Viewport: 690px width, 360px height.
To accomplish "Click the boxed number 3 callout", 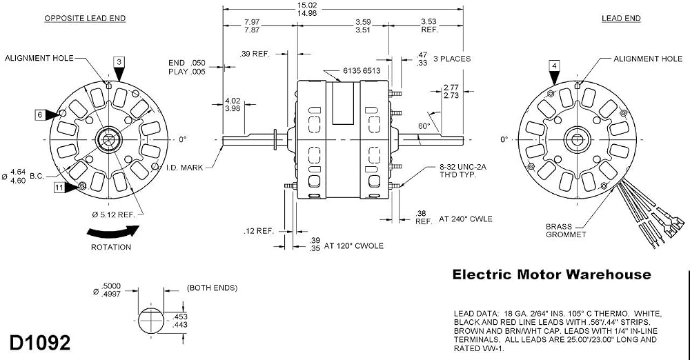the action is click(119, 61).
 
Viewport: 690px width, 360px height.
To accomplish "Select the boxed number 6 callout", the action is click(39, 115).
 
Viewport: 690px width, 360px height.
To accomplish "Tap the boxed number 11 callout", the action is click(59, 188).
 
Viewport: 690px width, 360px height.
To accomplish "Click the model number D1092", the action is click(39, 343).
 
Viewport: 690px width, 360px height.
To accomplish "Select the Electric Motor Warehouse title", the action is click(552, 274).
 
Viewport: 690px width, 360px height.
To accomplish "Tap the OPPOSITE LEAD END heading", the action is click(85, 19).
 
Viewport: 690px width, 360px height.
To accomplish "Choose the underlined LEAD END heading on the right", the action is click(621, 19).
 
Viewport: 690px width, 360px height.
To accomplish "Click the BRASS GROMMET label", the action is click(566, 230).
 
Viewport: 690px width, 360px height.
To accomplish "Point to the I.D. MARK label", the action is click(185, 168).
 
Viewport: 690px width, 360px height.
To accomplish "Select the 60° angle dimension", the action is click(424, 126).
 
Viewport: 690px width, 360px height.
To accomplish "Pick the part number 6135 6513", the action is click(362, 70).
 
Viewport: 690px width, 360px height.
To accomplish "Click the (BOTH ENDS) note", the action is click(213, 288).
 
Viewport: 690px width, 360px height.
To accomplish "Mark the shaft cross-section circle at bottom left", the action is click(151, 321).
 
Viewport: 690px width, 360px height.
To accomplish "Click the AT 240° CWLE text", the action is click(466, 219).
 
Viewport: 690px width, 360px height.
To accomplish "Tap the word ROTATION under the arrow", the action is click(111, 248).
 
